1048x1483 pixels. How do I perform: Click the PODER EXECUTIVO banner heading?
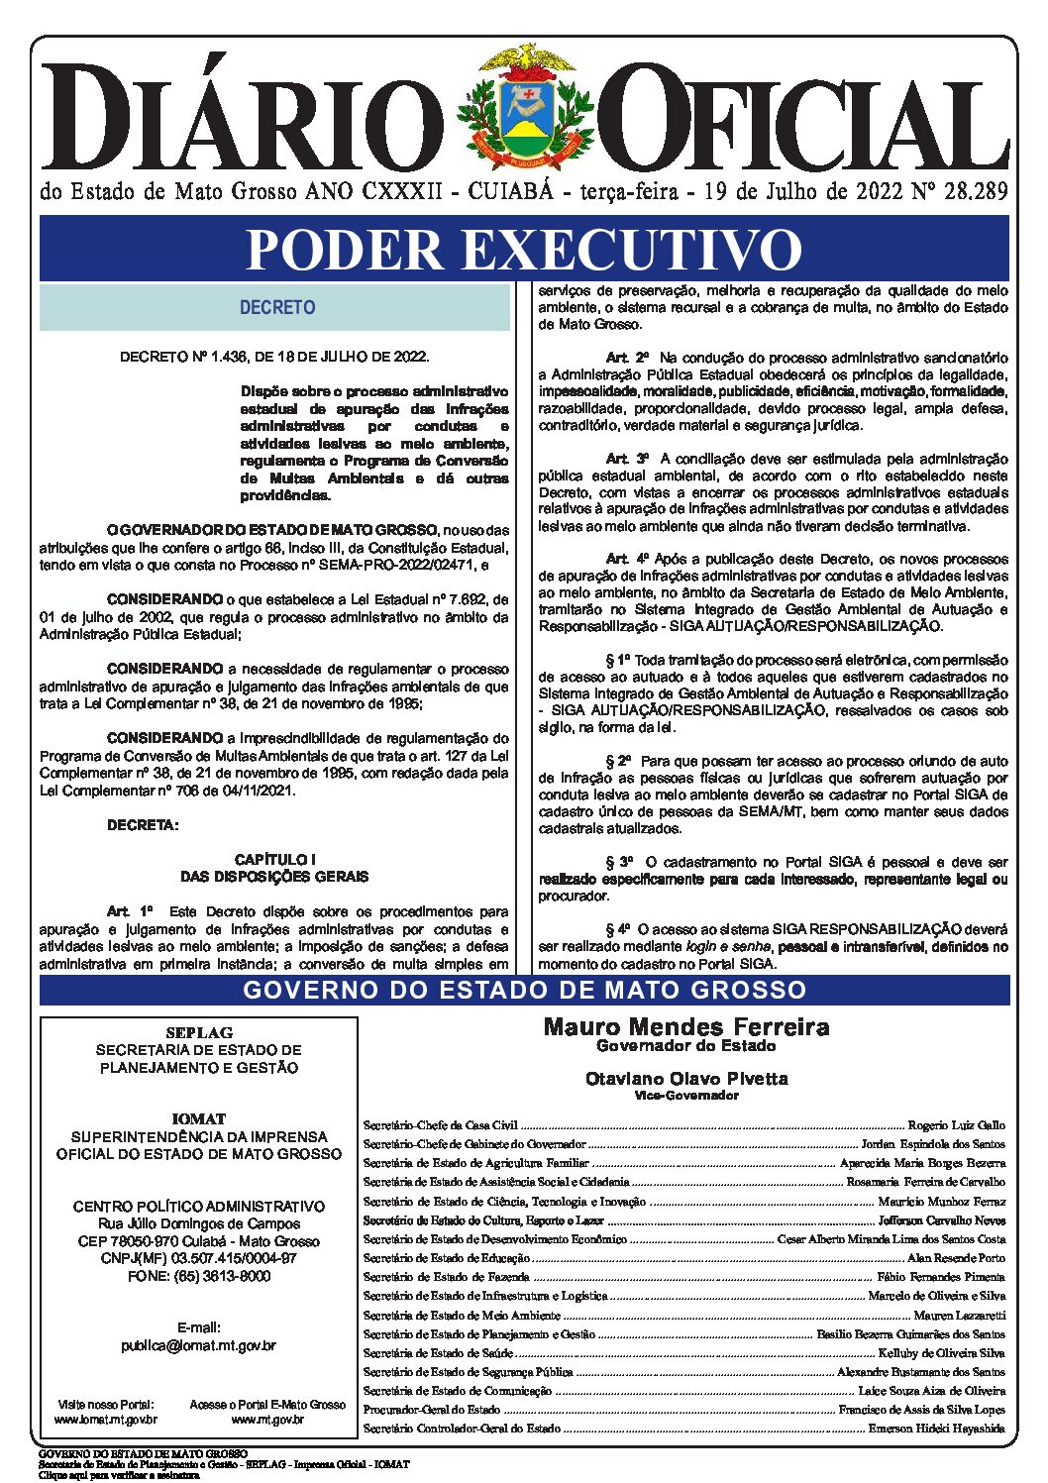coord(524,249)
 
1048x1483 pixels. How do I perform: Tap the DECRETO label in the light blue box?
coord(277,308)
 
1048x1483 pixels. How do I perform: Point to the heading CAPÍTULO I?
coord(274,859)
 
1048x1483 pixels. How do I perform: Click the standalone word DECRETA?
coord(144,824)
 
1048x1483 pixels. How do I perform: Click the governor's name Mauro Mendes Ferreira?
coord(686,1026)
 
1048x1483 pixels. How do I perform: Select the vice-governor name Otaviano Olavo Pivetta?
coord(686,1078)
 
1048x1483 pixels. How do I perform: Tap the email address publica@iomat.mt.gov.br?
coord(198,1346)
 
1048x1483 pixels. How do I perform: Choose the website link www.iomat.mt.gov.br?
coord(105,1420)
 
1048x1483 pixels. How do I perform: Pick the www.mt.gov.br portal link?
coord(267,1420)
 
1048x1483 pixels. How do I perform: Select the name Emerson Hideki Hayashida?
coord(936,1429)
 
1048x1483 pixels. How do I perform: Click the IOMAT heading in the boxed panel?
coord(198,1118)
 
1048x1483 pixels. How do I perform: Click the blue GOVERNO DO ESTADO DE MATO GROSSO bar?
coord(524,990)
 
